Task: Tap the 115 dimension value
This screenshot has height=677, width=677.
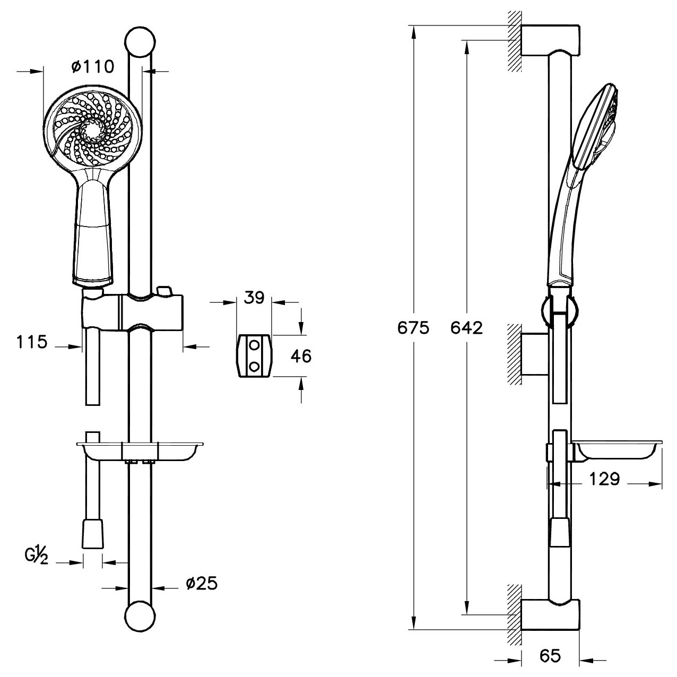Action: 32,342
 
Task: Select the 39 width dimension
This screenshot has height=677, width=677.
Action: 254,298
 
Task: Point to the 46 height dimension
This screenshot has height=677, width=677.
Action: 301,356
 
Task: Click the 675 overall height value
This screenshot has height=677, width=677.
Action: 413,328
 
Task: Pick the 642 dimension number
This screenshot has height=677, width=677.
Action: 466,328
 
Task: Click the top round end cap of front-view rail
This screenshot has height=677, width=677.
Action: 140,42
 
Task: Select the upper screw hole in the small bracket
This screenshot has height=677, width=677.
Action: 254,346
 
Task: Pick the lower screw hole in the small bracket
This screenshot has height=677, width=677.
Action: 254,367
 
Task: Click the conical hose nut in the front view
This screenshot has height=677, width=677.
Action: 93,535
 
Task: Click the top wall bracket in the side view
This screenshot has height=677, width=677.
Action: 549,40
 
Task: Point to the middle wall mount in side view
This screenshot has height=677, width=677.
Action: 534,354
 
